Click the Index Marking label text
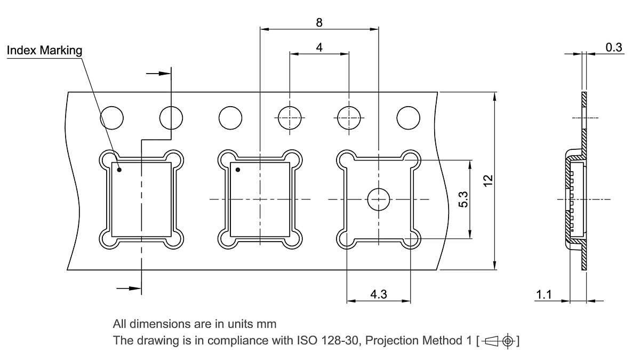tap(44, 51)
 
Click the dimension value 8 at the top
tap(319, 22)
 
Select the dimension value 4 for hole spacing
tap(319, 47)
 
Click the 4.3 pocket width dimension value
tap(379, 294)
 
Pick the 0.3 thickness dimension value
tap(614, 47)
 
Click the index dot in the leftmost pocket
tap(119, 170)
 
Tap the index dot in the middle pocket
tap(238, 170)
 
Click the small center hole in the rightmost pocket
tap(378, 199)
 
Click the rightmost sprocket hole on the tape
tap(408, 117)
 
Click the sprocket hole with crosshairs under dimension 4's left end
tap(290, 117)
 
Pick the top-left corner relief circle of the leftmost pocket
tap(109, 157)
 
